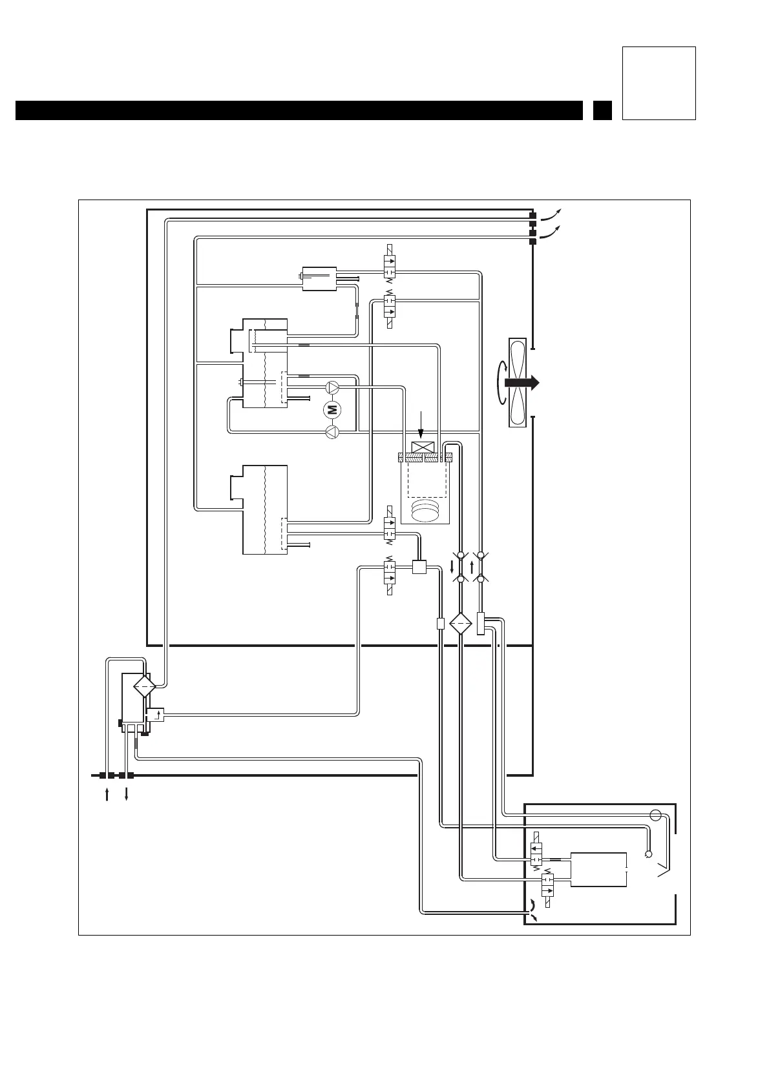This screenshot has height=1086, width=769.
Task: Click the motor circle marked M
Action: click(332, 409)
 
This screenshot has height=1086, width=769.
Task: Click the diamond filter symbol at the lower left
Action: click(144, 686)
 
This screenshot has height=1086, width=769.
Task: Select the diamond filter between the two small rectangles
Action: click(461, 624)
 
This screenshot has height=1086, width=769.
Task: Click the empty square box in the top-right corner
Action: click(658, 83)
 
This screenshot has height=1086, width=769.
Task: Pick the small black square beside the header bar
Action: click(602, 110)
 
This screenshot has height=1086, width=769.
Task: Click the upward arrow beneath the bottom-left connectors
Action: click(107, 794)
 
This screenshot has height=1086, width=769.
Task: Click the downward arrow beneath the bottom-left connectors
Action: click(126, 794)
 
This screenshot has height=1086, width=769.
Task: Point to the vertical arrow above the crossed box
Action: click(421, 425)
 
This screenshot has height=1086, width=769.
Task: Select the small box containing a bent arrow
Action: click(155, 714)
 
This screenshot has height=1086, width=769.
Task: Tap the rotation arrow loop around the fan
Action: click(500, 382)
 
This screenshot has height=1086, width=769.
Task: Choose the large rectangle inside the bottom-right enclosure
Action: click(598, 870)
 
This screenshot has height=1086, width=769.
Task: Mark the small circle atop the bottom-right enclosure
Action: click(656, 814)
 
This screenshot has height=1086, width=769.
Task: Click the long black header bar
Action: click(299, 110)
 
